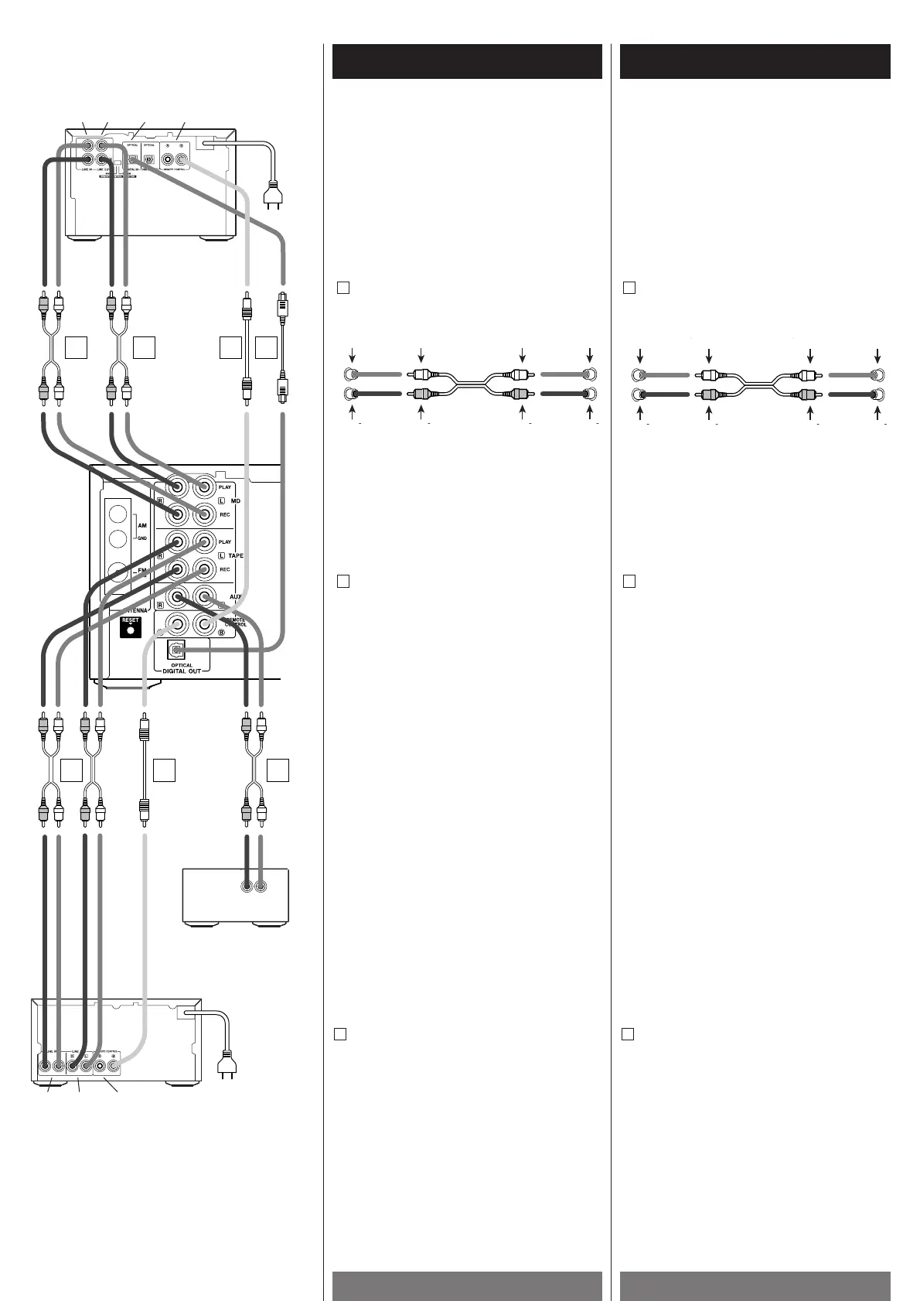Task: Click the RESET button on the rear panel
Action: [x=130, y=629]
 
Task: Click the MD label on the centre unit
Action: [x=236, y=501]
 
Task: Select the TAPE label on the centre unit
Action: [x=235, y=556]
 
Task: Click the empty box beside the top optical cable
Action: [x=267, y=348]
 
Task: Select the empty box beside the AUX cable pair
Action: [x=278, y=770]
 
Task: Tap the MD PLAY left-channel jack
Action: [x=204, y=487]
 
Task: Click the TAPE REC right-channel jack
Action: [x=178, y=570]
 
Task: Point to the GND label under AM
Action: [x=141, y=537]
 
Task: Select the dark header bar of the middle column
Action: [x=467, y=62]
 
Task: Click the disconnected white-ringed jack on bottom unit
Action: [x=100, y=1065]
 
